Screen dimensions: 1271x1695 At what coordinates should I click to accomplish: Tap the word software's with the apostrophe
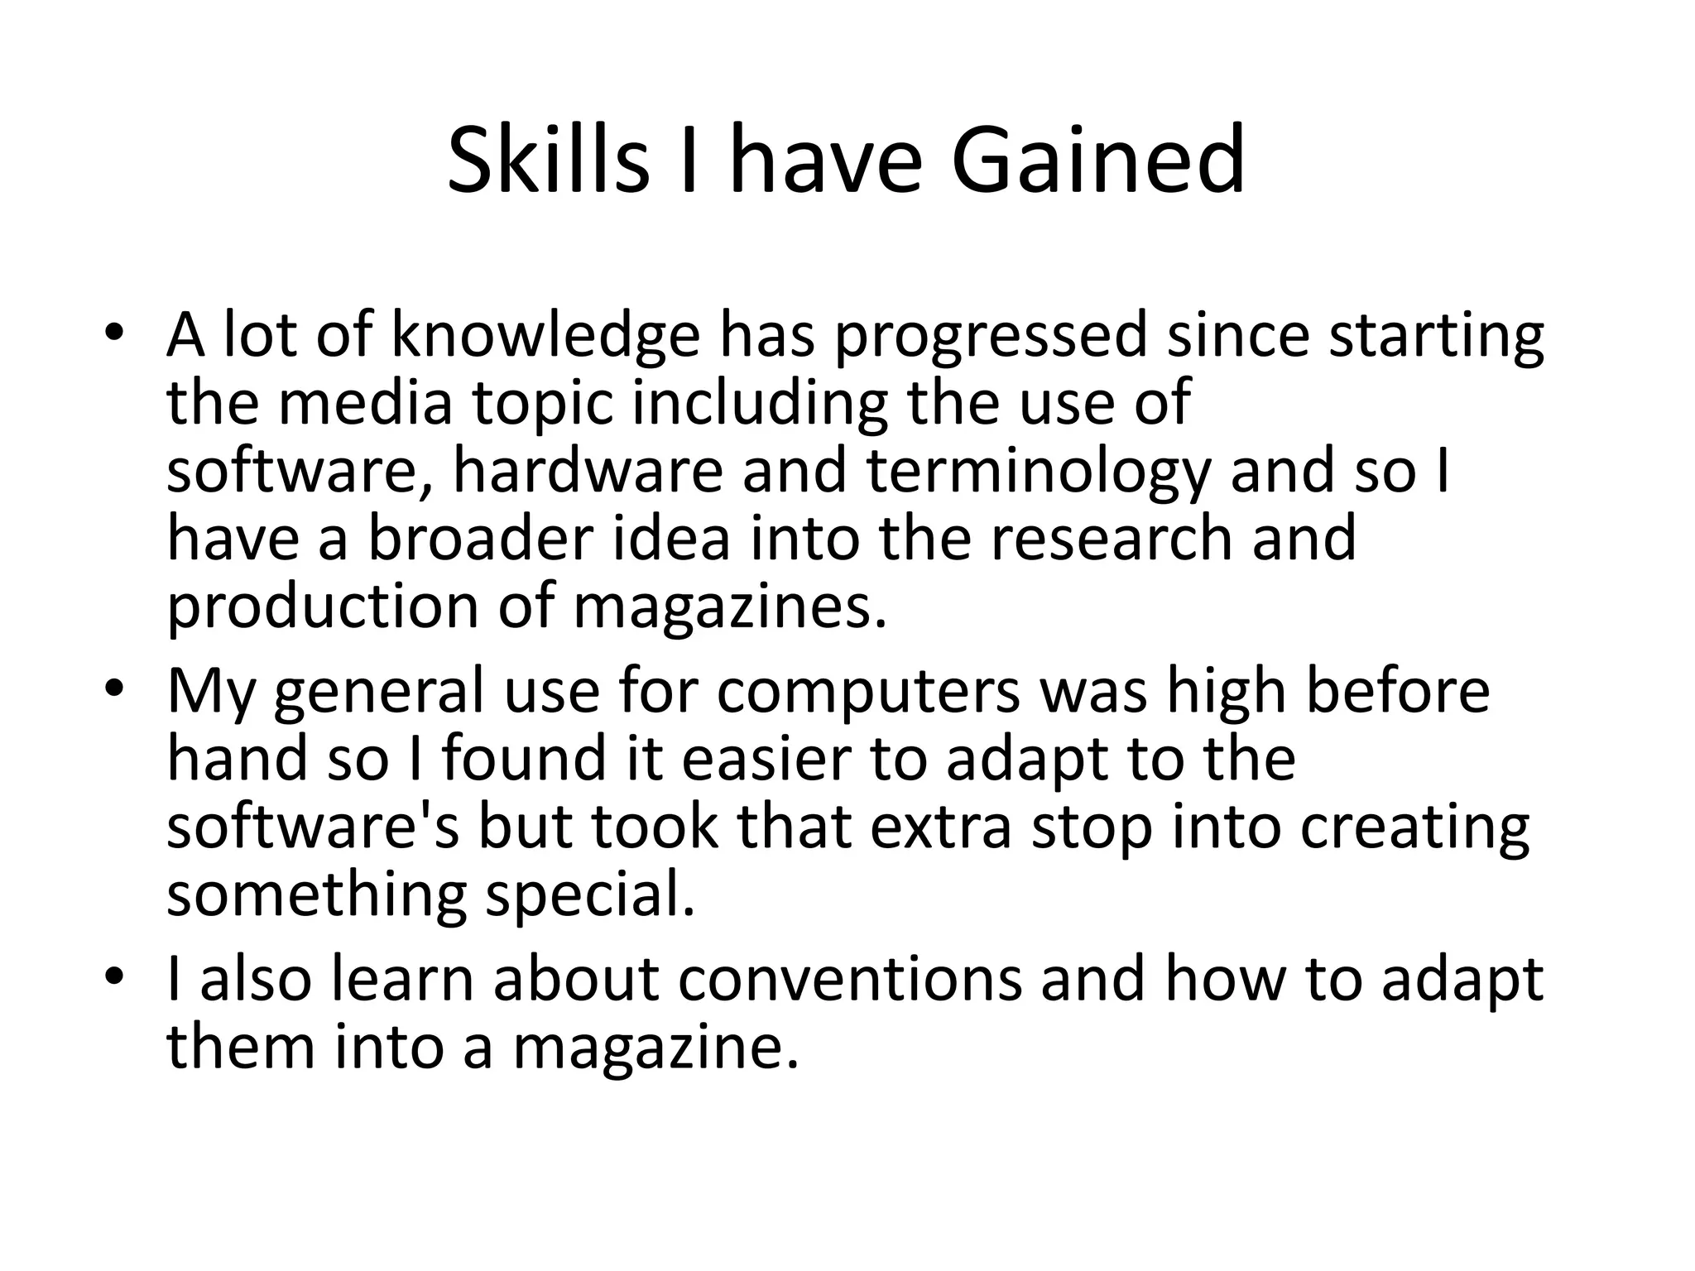[314, 827]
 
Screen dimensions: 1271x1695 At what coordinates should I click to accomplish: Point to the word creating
[1414, 828]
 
